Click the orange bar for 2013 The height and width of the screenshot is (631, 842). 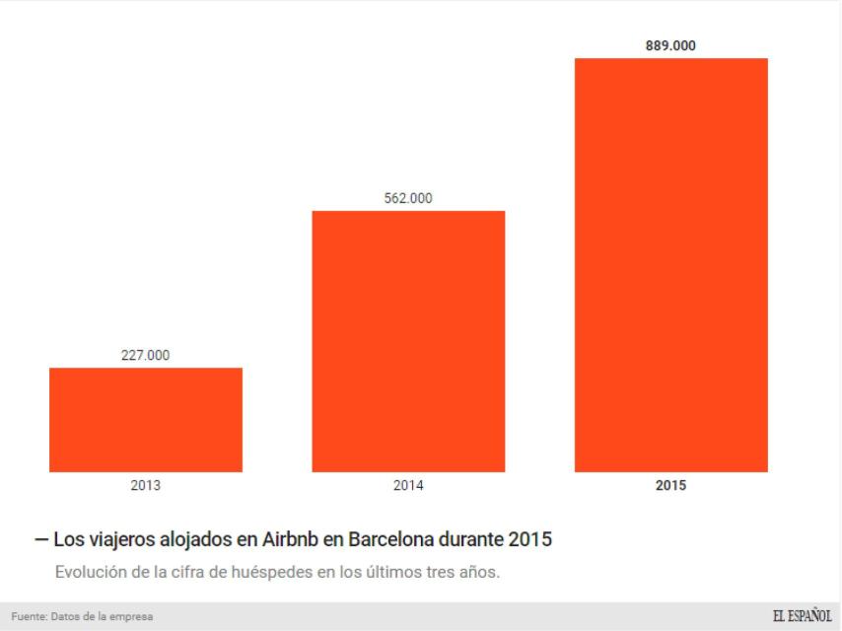pyautogui.click(x=146, y=420)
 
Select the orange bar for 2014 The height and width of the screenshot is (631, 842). pyautogui.click(x=408, y=341)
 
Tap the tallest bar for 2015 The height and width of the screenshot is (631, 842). pyautogui.click(x=670, y=264)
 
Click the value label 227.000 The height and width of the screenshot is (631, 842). pyautogui.click(x=145, y=356)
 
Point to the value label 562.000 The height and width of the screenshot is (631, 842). pyautogui.click(x=408, y=198)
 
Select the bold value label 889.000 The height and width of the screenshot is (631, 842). pyautogui.click(x=670, y=45)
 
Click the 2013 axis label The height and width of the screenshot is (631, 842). pyautogui.click(x=145, y=485)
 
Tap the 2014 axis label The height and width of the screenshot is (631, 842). pyautogui.click(x=408, y=485)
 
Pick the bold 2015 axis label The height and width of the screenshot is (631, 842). pyautogui.click(x=670, y=485)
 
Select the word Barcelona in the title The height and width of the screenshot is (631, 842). pyautogui.click(x=388, y=540)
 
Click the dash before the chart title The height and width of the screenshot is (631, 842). pyautogui.click(x=40, y=540)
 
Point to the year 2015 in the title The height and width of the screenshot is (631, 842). pyautogui.click(x=530, y=540)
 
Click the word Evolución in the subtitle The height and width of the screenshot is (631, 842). pyautogui.click(x=90, y=572)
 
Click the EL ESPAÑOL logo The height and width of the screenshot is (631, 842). pyautogui.click(x=802, y=616)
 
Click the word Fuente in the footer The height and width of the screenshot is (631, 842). pyautogui.click(x=29, y=617)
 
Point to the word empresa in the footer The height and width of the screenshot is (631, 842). pyautogui.click(x=133, y=617)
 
